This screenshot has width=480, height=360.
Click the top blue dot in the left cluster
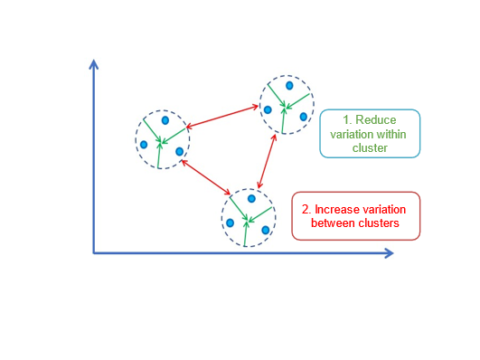165,120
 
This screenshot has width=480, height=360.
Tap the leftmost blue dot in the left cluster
144,144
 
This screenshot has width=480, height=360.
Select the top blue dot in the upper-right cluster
289,85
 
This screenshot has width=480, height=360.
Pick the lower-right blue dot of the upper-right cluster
304,117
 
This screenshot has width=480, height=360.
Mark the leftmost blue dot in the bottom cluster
231,223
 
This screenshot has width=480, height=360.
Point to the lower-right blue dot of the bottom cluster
265,230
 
